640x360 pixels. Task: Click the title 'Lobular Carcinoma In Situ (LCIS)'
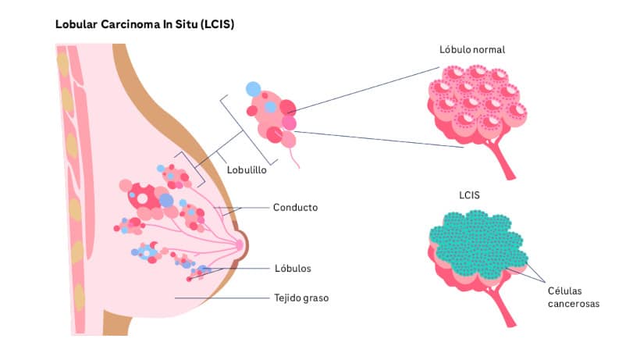tap(144, 25)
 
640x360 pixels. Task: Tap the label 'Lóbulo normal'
tap(472, 49)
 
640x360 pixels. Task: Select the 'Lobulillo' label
tap(247, 169)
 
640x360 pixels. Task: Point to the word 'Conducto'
tap(295, 208)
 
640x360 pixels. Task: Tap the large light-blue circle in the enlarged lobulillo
tap(253, 90)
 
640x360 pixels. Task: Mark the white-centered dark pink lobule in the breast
tap(142, 198)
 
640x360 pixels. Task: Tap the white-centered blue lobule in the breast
tap(146, 252)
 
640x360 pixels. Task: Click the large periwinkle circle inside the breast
tap(166, 200)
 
